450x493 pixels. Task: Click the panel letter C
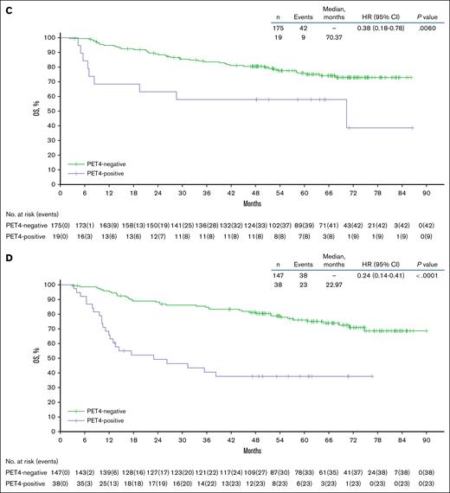click(5, 6)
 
